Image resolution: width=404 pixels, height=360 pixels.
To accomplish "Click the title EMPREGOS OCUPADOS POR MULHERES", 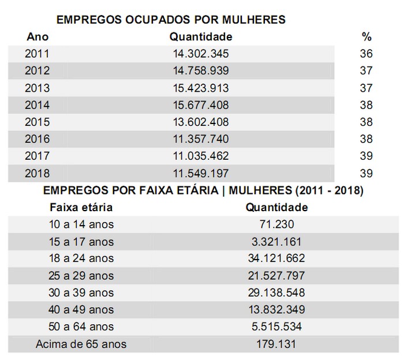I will pyautogui.click(x=171, y=20).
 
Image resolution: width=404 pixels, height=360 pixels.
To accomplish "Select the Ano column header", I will pyautogui.click(x=38, y=37).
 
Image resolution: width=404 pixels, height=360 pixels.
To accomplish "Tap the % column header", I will pyautogui.click(x=366, y=37).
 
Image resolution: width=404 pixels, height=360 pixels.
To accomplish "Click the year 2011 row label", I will pyautogui.click(x=38, y=54).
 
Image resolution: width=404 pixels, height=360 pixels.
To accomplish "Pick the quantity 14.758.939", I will pyautogui.click(x=201, y=71).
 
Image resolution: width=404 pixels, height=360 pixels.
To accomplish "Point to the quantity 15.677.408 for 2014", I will pyautogui.click(x=201, y=105).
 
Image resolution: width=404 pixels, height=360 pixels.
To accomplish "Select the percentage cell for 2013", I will pyautogui.click(x=366, y=88).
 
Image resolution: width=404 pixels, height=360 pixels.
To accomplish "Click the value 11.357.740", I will pyautogui.click(x=201, y=139).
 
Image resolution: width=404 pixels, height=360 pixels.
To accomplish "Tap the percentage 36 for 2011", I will pyautogui.click(x=366, y=54).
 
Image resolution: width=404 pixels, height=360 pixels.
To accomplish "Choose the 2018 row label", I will pyautogui.click(x=38, y=173).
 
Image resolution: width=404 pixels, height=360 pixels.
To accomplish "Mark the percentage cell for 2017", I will pyautogui.click(x=366, y=156).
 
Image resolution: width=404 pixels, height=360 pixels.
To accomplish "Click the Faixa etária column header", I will pyautogui.click(x=81, y=207).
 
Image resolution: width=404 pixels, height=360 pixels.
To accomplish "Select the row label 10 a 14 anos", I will pyautogui.click(x=81, y=224).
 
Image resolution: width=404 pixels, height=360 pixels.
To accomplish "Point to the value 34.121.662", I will pyautogui.click(x=277, y=258).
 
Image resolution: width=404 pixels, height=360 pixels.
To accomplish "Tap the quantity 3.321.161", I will pyautogui.click(x=277, y=242).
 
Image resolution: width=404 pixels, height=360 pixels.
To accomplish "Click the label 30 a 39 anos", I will pyautogui.click(x=81, y=293).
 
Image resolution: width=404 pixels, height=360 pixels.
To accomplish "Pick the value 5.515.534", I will pyautogui.click(x=277, y=327).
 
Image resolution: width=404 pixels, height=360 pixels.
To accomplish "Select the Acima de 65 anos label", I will pyautogui.click(x=81, y=344).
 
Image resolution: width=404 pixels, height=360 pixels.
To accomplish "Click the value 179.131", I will pyautogui.click(x=277, y=344).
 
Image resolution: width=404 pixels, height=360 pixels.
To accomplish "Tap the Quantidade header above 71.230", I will pyautogui.click(x=277, y=207).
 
